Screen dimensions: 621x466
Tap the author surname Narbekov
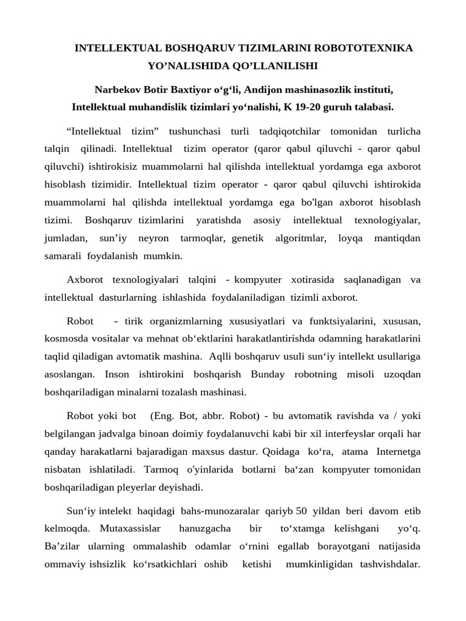[x=119, y=90]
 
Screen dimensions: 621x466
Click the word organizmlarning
[x=188, y=320]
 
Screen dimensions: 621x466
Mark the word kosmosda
[x=64, y=338]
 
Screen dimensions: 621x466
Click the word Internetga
[x=399, y=451]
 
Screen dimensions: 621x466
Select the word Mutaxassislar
[x=128, y=528]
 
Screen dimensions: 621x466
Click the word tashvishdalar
[x=390, y=564]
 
